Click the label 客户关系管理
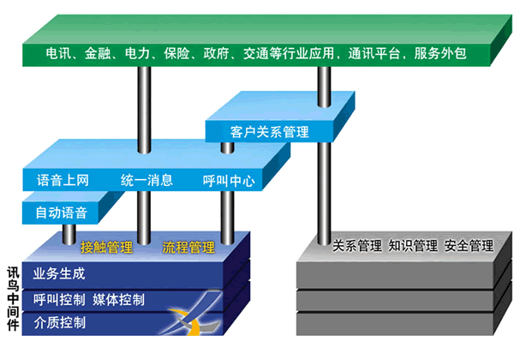tap(270, 132)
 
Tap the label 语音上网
tap(63, 180)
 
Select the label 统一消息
tap(146, 180)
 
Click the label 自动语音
tap(60, 210)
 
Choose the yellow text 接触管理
tap(106, 249)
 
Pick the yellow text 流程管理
tap(188, 249)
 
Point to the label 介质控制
tap(59, 323)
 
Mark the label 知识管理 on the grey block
tap(413, 246)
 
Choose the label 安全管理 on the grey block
tap(469, 246)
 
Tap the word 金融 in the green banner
tap(98, 54)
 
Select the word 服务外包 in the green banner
tap(440, 54)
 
